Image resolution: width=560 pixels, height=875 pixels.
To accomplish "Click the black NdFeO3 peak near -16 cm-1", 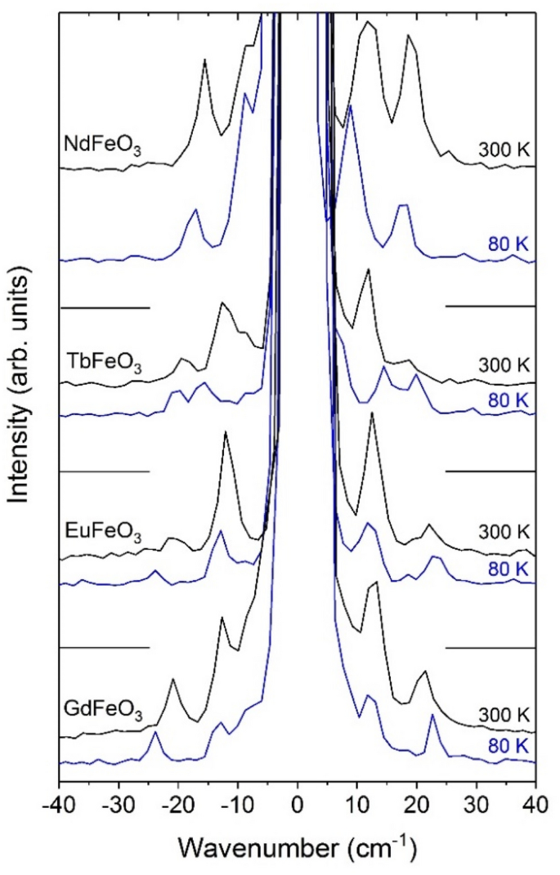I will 204,60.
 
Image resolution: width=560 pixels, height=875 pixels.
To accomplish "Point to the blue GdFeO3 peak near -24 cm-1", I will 155,734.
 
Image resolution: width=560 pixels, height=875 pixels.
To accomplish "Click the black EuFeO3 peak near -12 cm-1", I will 226,433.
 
